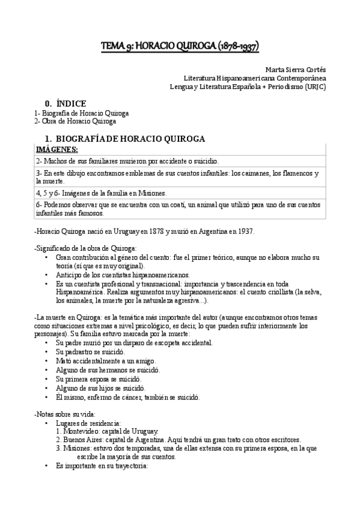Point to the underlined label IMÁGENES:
56,149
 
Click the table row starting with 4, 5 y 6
101,193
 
